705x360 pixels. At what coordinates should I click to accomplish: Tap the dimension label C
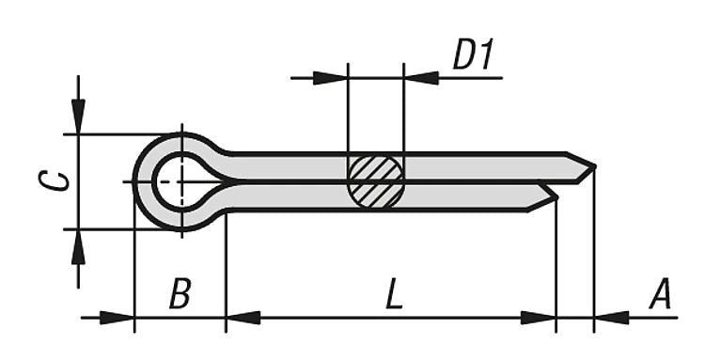(59, 180)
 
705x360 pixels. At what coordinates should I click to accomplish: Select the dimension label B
(180, 295)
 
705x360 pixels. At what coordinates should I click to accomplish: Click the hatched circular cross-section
(375, 180)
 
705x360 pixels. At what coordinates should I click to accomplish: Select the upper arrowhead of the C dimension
(78, 117)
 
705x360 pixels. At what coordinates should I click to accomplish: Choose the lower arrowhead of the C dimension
(78, 246)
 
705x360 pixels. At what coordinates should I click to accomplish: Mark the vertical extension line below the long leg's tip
(594, 254)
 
